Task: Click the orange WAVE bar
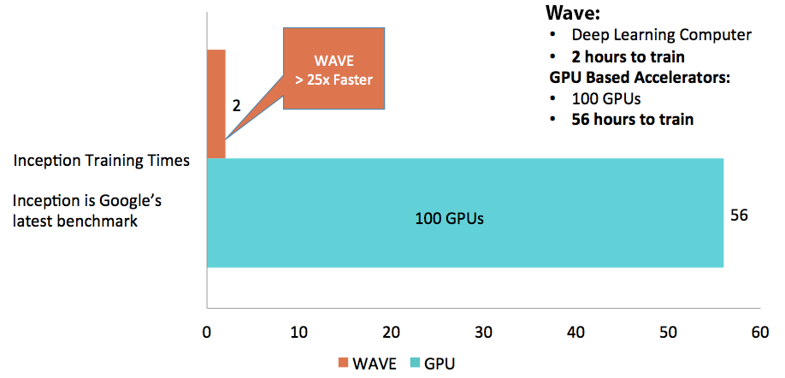[216, 103]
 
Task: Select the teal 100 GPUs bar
[464, 213]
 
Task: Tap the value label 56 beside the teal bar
[740, 215]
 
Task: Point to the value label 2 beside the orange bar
[237, 107]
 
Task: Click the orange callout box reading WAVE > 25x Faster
[334, 70]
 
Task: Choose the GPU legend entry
[434, 363]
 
